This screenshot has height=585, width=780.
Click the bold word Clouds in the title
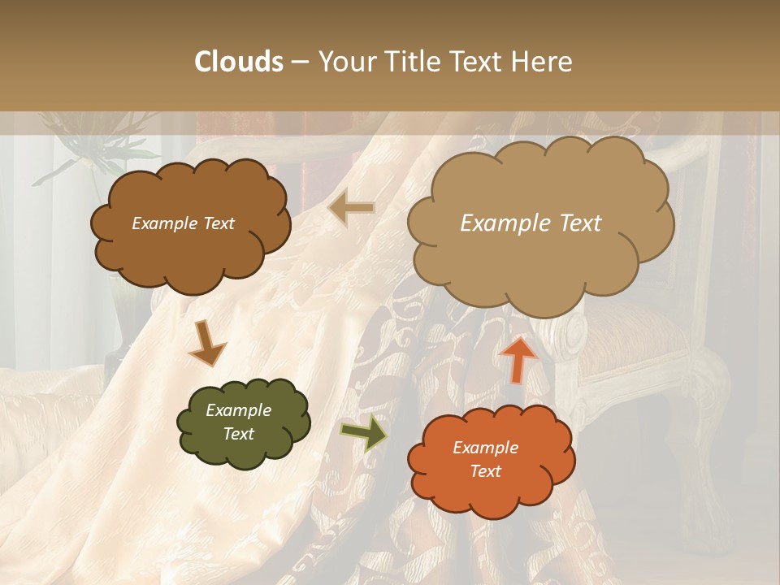point(239,62)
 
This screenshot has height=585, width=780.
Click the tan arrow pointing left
point(351,208)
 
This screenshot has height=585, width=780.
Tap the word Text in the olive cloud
point(239,434)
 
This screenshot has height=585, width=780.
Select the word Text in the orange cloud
point(485,471)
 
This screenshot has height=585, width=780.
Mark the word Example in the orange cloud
point(485,448)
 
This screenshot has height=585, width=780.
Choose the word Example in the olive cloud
point(239,410)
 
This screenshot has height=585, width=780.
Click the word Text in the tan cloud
point(578,223)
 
